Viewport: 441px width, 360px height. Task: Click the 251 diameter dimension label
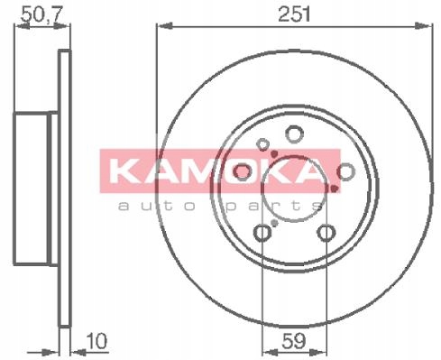(294, 14)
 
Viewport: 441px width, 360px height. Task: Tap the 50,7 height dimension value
(41, 14)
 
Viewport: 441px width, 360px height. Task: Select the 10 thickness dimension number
(96, 341)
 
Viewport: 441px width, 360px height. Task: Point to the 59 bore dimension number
(294, 341)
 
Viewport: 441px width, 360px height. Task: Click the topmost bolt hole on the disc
(294, 134)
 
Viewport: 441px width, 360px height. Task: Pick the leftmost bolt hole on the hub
(243, 171)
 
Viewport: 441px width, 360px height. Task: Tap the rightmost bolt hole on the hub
(345, 171)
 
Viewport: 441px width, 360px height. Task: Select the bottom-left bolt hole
(262, 233)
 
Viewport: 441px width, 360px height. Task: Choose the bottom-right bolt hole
(326, 233)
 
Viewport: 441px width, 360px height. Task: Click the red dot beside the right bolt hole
(335, 189)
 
